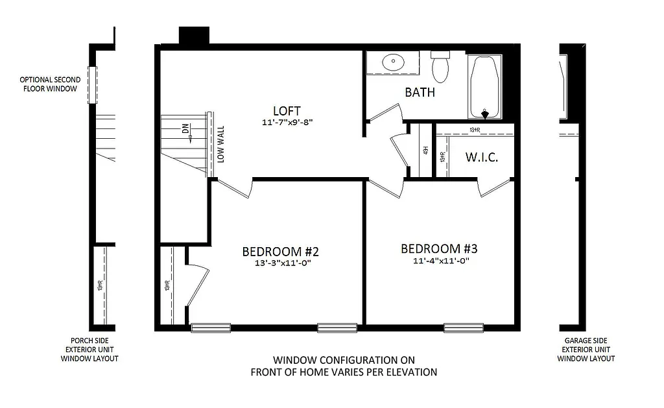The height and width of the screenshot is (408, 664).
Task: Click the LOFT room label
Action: pyautogui.click(x=286, y=110)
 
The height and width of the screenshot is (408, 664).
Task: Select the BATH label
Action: pyautogui.click(x=420, y=92)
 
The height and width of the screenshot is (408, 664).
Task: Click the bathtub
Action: pyautogui.click(x=484, y=87)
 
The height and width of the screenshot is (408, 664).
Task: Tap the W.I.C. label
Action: pyautogui.click(x=482, y=158)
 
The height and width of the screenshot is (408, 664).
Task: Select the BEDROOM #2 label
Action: pyautogui.click(x=281, y=252)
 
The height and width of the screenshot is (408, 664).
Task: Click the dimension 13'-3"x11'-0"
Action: pyautogui.click(x=281, y=263)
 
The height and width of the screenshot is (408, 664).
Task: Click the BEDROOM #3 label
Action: pyautogui.click(x=440, y=249)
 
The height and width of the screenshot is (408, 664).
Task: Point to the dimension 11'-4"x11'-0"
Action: pyautogui.click(x=440, y=261)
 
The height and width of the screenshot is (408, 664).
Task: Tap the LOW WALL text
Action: pyautogui.click(x=221, y=144)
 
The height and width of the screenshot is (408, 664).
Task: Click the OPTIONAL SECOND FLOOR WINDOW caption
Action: pyautogui.click(x=50, y=84)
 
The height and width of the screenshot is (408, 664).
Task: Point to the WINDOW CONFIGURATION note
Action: pyautogui.click(x=344, y=366)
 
